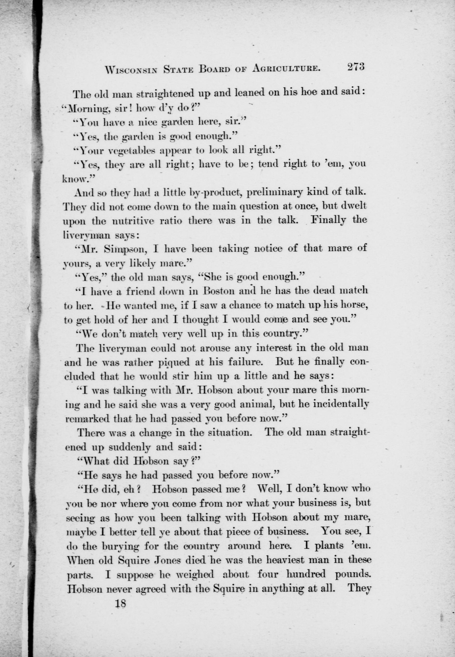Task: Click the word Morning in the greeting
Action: [x=84, y=109]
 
